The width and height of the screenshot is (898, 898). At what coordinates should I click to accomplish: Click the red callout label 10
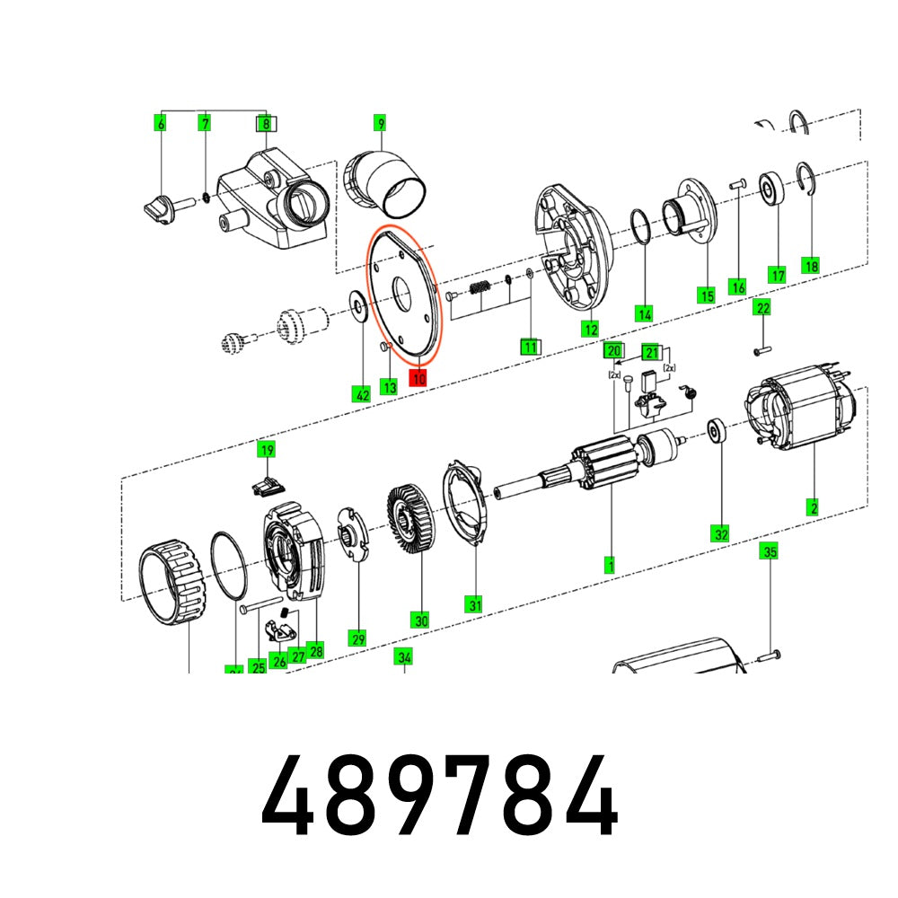[418, 378]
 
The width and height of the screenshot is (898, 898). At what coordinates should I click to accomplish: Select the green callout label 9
[380, 123]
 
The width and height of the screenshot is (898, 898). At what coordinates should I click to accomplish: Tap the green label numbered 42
[361, 392]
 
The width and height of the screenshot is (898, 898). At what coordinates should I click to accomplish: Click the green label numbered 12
[589, 329]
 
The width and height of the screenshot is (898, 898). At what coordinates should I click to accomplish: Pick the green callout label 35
[770, 551]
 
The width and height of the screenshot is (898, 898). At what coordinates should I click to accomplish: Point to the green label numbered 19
[266, 450]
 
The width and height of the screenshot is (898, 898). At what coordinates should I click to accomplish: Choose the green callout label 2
[814, 507]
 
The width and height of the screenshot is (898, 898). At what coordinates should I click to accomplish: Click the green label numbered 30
[420, 620]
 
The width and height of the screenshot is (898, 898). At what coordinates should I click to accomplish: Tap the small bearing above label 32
[718, 431]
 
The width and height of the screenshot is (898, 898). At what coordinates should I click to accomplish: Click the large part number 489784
[440, 797]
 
